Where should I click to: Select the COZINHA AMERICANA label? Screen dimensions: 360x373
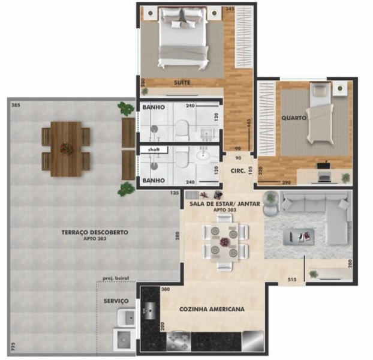[211, 309]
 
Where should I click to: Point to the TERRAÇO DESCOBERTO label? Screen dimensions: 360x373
[94, 232]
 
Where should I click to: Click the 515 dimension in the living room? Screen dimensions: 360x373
[293, 278]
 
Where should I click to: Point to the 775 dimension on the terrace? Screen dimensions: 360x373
[12, 347]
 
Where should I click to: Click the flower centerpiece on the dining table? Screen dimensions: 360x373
[224, 242]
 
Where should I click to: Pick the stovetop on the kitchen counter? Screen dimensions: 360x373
[178, 341]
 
